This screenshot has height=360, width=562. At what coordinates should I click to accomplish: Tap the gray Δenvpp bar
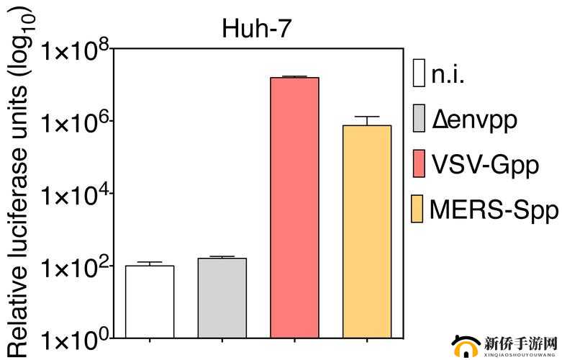222,297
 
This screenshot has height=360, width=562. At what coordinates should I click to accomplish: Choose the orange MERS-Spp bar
367,231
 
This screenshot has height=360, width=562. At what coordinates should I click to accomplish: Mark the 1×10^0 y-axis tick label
76,338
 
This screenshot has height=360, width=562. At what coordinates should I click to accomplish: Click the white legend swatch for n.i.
419,74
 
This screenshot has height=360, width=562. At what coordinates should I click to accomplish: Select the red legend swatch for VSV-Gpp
419,164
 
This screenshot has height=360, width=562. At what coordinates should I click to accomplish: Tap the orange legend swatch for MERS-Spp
419,209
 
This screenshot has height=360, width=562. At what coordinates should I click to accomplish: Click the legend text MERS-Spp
494,210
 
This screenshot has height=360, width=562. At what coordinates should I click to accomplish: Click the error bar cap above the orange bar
367,117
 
